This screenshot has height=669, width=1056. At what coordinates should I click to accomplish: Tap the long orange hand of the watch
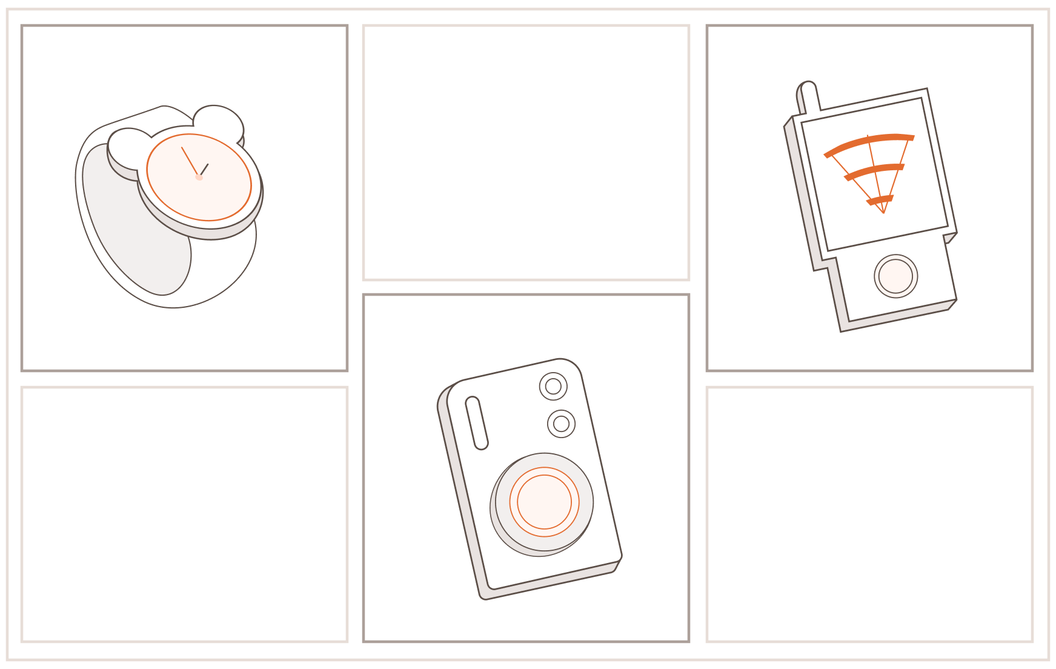pyautogui.click(x=190, y=161)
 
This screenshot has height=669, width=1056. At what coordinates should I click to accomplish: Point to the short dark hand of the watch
pyautogui.click(x=205, y=168)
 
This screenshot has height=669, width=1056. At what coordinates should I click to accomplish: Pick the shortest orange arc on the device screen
pyautogui.click(x=880, y=199)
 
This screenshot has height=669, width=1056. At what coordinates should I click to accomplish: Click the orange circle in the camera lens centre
pyautogui.click(x=544, y=502)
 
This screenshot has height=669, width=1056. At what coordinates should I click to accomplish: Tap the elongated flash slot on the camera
pyautogui.click(x=477, y=423)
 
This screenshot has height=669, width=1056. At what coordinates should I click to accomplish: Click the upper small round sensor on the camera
pyautogui.click(x=553, y=386)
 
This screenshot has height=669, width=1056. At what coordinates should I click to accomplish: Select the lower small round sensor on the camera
pyautogui.click(x=561, y=424)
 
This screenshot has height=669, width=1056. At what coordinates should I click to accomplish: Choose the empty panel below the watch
pyautogui.click(x=184, y=514)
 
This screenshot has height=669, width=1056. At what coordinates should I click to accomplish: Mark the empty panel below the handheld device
pyautogui.click(x=869, y=514)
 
